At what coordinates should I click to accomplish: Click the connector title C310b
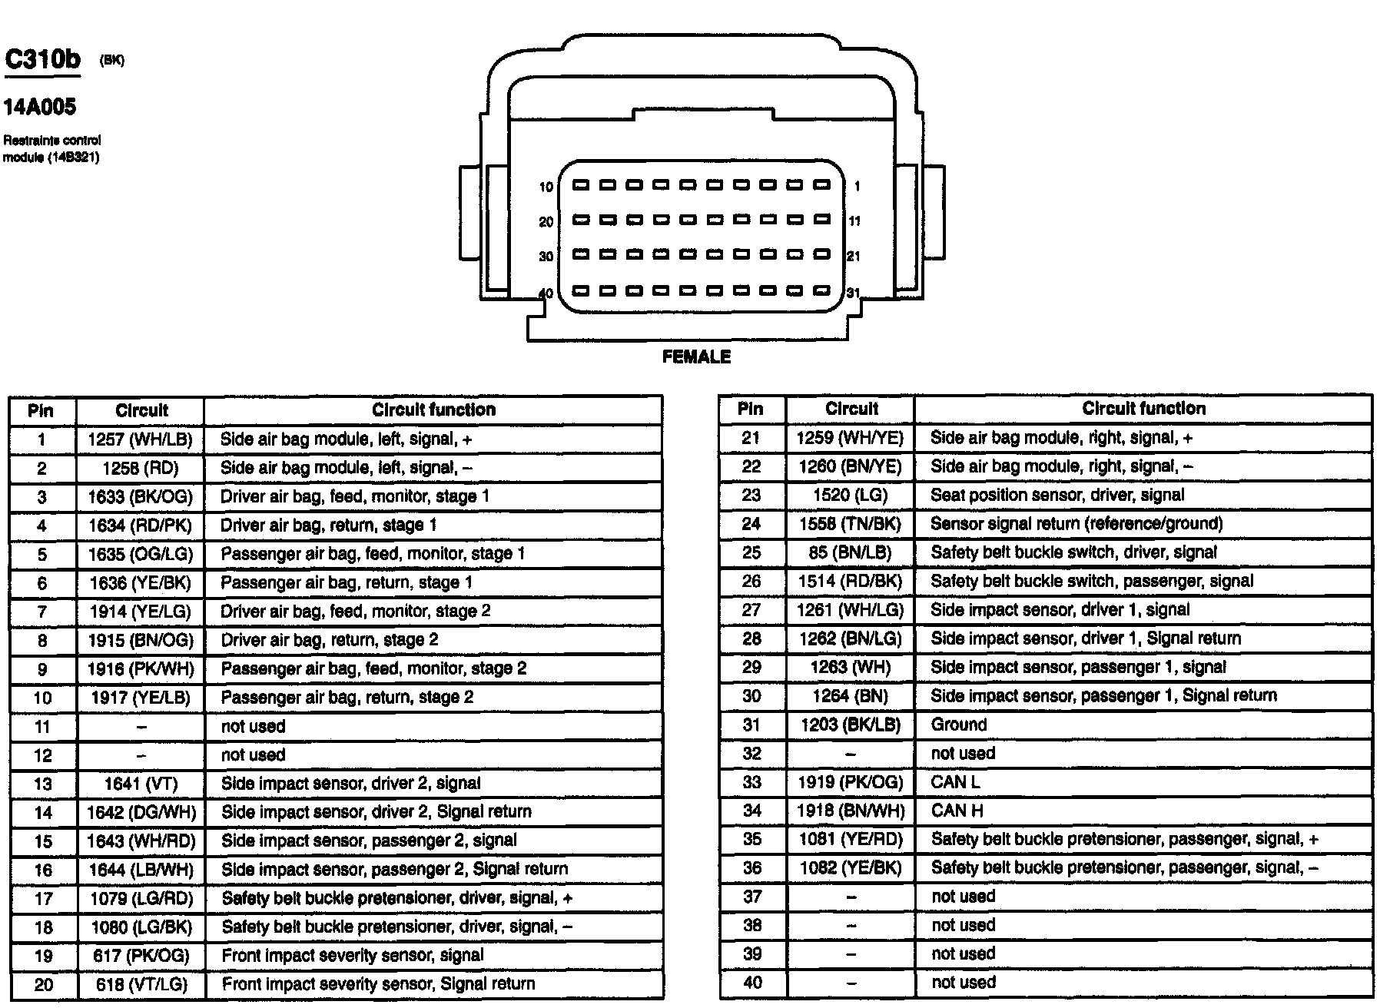click(42, 60)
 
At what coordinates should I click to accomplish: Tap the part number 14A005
click(40, 107)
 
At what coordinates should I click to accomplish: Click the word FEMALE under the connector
click(696, 356)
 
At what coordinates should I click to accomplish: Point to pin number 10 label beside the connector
click(546, 187)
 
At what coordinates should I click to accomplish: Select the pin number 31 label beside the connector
click(853, 293)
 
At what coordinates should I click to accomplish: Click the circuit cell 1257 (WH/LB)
click(141, 439)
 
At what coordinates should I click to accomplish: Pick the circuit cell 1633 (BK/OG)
click(141, 497)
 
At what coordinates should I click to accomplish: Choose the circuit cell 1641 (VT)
click(141, 784)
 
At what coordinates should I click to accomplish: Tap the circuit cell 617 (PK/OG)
click(141, 956)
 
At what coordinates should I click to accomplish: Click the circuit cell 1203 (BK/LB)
click(851, 724)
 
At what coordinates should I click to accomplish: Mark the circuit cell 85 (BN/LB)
click(851, 552)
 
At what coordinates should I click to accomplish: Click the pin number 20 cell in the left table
click(43, 985)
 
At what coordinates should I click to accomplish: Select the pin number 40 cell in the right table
click(752, 983)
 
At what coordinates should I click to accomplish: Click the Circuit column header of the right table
click(851, 409)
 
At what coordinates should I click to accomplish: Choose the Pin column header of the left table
click(41, 410)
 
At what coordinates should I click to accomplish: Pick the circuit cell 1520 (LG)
click(851, 496)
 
